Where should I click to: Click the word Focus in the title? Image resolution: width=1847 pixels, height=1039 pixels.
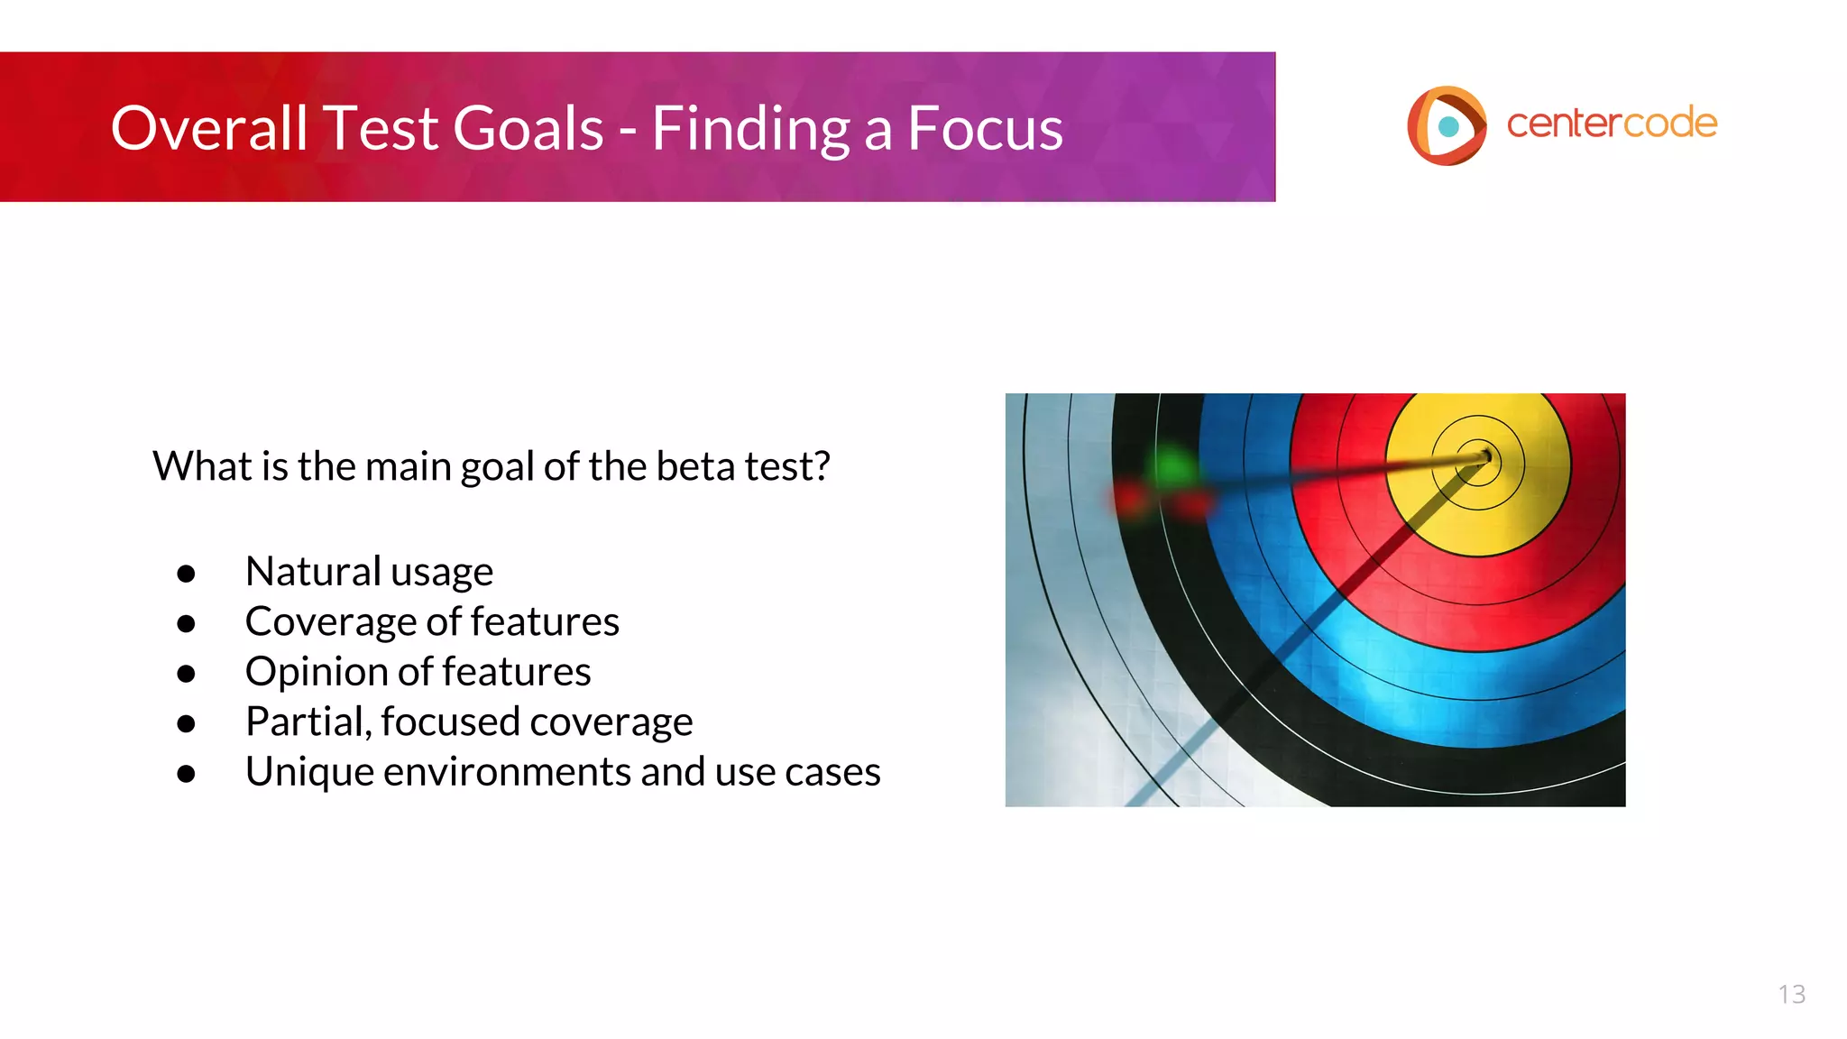985,128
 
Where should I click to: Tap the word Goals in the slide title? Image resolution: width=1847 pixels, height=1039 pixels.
528,128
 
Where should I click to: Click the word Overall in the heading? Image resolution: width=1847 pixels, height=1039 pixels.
209,128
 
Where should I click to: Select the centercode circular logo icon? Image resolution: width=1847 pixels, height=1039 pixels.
1446,125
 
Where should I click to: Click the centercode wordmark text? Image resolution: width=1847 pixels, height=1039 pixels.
1611,124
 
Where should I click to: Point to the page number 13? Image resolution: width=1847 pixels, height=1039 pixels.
1791,994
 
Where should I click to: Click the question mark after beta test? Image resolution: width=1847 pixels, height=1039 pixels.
821,466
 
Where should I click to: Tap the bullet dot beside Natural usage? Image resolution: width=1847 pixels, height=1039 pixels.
187,574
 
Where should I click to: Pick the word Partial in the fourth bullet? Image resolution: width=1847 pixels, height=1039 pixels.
308,722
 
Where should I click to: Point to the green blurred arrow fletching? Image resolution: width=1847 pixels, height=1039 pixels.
1172,467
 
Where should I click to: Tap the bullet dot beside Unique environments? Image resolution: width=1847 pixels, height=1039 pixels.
187,774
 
